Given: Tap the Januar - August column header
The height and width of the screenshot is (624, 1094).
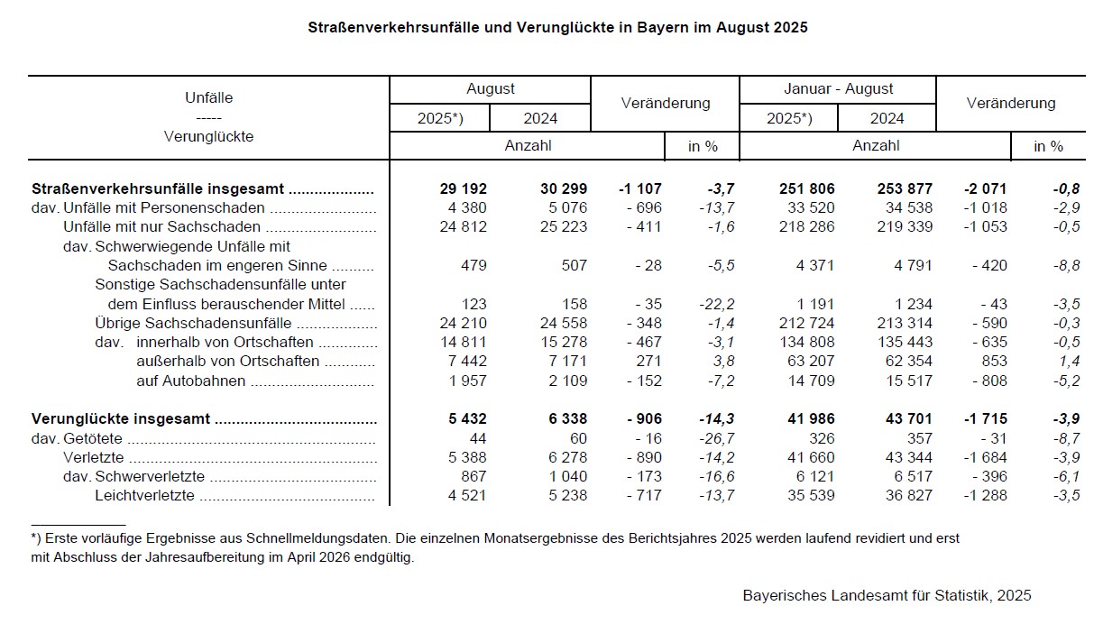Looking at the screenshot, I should tap(838, 89).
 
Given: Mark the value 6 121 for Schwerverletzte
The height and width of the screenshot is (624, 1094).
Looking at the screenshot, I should tap(814, 476).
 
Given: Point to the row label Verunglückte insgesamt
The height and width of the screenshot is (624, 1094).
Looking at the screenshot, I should tap(121, 419).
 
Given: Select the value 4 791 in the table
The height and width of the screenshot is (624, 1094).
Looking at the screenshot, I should tap(912, 266).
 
